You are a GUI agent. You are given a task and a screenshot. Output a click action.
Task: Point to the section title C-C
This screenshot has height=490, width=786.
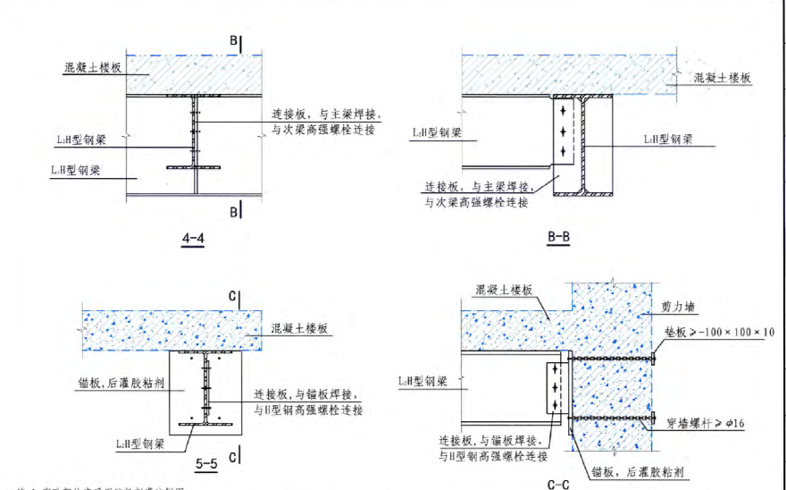tap(558, 484)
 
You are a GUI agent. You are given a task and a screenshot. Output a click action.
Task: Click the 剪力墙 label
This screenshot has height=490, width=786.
tap(678, 307)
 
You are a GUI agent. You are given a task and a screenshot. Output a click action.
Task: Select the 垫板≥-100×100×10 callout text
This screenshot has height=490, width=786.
tap(719, 333)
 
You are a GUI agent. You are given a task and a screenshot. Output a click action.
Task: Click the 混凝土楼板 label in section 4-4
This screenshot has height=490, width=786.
tap(92, 67)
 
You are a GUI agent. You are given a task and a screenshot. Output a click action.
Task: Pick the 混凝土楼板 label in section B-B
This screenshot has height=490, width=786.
tap(723, 79)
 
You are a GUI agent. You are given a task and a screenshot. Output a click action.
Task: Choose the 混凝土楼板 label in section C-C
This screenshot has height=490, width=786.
tap(504, 291)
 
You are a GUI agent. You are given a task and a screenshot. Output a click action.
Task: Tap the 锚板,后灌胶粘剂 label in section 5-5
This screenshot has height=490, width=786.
tap(119, 384)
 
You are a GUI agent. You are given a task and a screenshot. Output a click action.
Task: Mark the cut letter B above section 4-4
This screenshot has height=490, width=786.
tap(234, 41)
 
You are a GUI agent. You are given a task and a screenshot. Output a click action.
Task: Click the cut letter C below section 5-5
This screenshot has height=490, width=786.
tap(232, 457)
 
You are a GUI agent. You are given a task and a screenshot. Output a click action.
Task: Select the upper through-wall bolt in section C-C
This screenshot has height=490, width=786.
tap(611, 359)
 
